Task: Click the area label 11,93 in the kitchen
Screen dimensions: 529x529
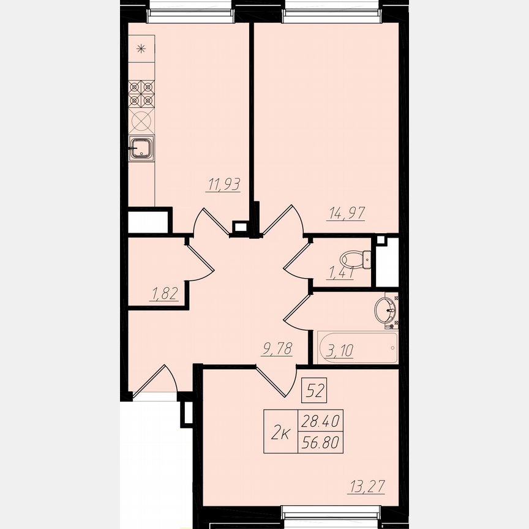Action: coord(223,184)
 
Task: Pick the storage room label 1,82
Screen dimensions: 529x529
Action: coord(163,294)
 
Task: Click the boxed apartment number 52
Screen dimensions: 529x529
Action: coord(315,390)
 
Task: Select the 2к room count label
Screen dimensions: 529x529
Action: coord(280,433)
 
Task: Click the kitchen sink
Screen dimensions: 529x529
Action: coord(142,148)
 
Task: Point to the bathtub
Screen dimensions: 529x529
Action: coord(358,347)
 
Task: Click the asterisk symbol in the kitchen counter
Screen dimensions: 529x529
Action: coord(141,49)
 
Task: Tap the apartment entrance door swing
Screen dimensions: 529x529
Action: coord(157,383)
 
